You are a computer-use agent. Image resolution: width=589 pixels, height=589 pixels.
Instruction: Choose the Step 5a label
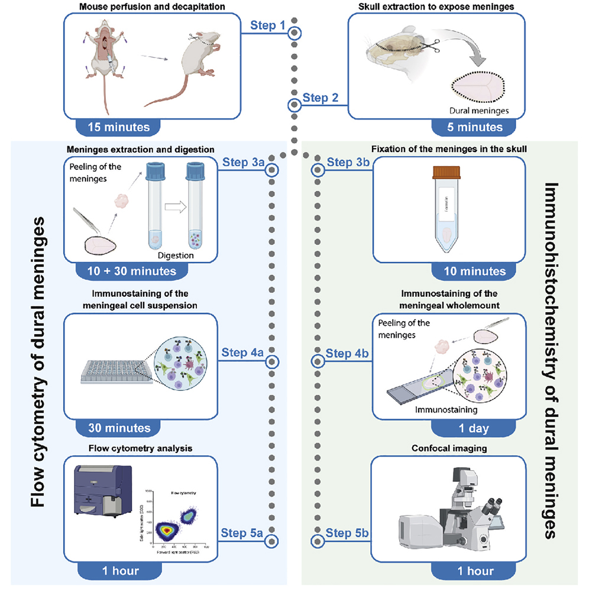click(241, 533)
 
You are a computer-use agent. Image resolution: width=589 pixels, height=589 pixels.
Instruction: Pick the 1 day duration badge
click(468, 427)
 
